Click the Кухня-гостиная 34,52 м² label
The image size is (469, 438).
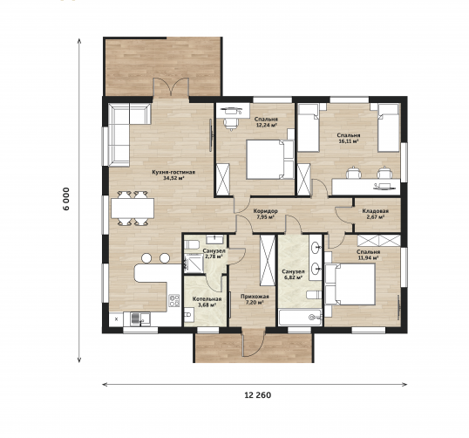pos(173,175)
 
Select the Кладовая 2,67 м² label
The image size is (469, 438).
pos(376,214)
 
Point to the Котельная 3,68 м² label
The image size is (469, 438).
pos(207,302)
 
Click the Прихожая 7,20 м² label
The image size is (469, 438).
pos(255,299)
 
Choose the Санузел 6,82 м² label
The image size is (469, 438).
pos(293,275)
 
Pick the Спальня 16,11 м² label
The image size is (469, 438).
pos(349,139)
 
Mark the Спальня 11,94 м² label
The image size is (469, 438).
pos(369,255)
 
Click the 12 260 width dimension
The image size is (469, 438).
pos(258,395)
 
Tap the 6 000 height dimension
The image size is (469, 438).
pos(66,199)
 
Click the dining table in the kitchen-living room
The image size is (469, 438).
pos(133,208)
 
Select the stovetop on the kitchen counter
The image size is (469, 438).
pos(174,301)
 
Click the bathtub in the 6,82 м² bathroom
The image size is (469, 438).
pos(300,318)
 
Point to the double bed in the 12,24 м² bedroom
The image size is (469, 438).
pos(270,160)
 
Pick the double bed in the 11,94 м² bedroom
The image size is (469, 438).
pos(350,284)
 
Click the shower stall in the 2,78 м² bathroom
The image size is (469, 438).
pos(194,263)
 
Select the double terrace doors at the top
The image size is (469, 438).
pos(171,88)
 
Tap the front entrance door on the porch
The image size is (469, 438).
pos(254,343)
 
